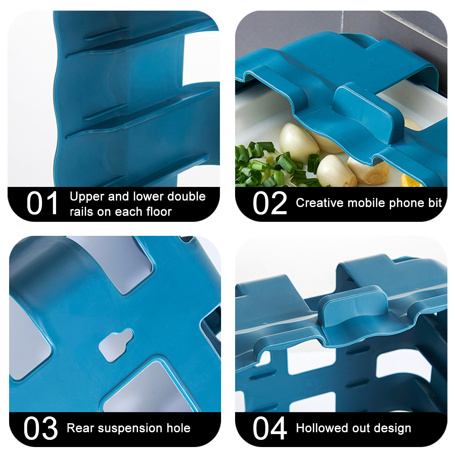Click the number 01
tap(42, 203)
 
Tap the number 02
tap(270, 203)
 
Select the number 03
tap(40, 427)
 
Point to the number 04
tap(270, 427)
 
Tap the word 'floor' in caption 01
tap(159, 212)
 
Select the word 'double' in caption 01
tap(187, 196)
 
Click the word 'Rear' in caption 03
tap(80, 428)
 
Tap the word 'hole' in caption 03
tap(178, 428)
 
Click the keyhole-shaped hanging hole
tap(116, 345)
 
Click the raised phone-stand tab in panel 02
tap(365, 113)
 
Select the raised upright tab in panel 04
tap(353, 306)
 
